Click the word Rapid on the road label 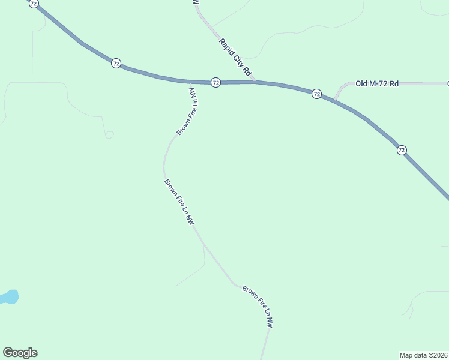click(226, 47)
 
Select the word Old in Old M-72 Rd click(361, 84)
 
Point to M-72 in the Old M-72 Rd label click(379, 84)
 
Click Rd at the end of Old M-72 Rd click(394, 84)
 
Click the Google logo click(20, 353)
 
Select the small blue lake click(9, 296)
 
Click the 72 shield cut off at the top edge click(34, 3)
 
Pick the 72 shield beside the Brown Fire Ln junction click(216, 82)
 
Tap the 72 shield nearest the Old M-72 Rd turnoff click(316, 94)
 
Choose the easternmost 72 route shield click(402, 150)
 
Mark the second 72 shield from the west click(116, 63)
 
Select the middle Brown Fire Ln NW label click(179, 202)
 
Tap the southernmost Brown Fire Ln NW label click(258, 306)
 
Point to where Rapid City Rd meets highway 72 click(255, 81)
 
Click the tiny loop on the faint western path click(109, 135)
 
